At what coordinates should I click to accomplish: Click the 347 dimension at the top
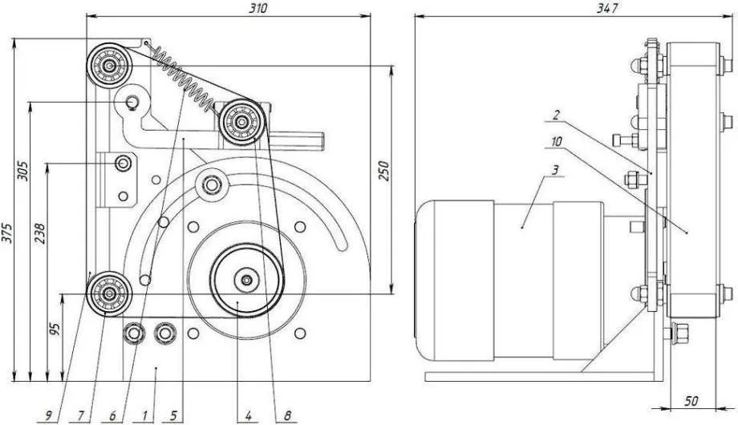(606, 9)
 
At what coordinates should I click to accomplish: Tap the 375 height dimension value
(6, 232)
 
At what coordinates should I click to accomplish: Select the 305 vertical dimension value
(22, 172)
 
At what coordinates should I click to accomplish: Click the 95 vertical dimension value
(55, 329)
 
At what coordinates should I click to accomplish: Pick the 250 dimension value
(383, 171)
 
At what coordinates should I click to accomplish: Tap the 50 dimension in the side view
(691, 401)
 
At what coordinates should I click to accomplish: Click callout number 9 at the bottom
(48, 415)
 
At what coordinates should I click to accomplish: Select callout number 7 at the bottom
(80, 415)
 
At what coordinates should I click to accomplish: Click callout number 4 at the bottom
(249, 415)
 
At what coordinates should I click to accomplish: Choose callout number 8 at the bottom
(287, 415)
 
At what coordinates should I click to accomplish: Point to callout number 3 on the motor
(555, 170)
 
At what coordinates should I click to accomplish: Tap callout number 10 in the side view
(557, 141)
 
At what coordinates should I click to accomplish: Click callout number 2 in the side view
(556, 115)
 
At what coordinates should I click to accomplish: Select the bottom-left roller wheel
(109, 293)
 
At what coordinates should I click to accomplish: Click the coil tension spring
(184, 79)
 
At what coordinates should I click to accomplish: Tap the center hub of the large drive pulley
(246, 280)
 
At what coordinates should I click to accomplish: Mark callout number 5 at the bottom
(174, 415)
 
